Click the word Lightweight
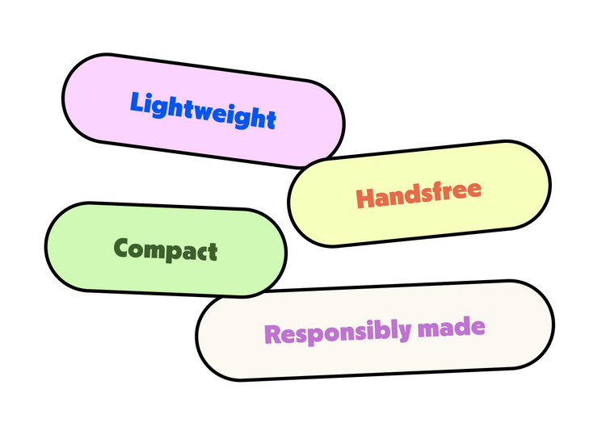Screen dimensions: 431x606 pos(203,111)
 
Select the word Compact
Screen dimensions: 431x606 pos(166,249)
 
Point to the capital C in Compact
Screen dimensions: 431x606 pos(124,247)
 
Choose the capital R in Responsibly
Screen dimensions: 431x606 pos(273,334)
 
